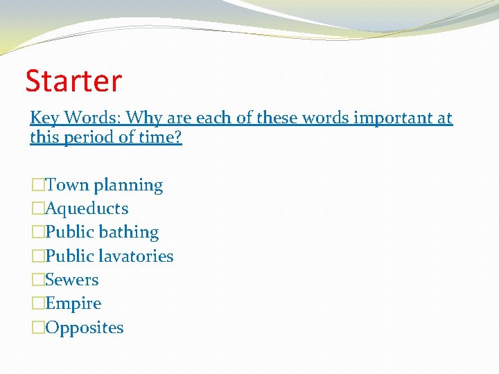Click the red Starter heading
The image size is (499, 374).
(73, 81)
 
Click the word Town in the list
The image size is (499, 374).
(67, 185)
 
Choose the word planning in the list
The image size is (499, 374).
(128, 186)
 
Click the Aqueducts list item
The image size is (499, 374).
(86, 208)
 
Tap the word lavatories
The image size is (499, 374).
(137, 256)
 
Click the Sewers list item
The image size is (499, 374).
(71, 280)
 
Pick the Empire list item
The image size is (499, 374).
(73, 304)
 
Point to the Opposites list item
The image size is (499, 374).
(84, 328)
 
